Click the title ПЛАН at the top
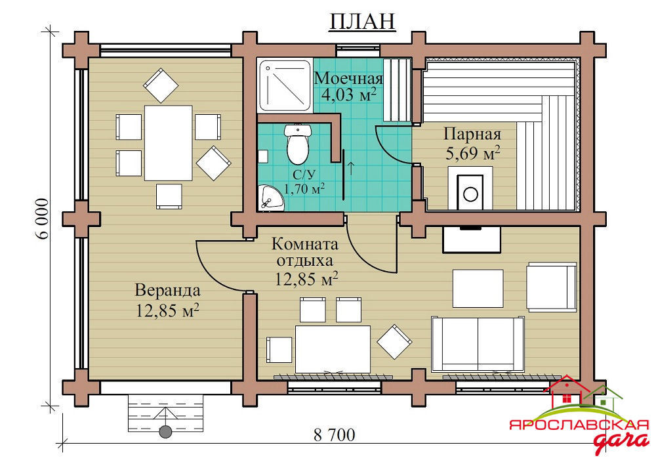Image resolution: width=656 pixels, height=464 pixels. coord(362,22)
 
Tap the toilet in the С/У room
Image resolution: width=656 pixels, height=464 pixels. coord(297,144)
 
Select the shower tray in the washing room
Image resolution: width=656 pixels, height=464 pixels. coord(285,85)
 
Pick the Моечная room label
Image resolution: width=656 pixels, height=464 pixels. coord(348,78)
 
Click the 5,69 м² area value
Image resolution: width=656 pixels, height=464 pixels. coord(473,154)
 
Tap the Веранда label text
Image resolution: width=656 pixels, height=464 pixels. coord(168,290)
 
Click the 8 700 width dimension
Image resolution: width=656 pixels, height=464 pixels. coord(335,435)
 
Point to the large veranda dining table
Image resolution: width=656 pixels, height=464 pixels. coord(168,143)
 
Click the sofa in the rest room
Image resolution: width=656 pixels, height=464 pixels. coord(478,344)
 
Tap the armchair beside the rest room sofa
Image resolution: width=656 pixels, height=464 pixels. coord(552,287)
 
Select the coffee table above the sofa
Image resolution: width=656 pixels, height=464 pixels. coord(478,289)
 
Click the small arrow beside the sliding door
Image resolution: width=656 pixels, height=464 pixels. coord(350,168)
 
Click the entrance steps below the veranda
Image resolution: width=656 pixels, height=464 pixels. coord(165,413)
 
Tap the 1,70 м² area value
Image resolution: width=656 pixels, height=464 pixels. coord(304,189)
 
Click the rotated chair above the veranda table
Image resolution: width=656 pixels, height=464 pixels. coord(161,85)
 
